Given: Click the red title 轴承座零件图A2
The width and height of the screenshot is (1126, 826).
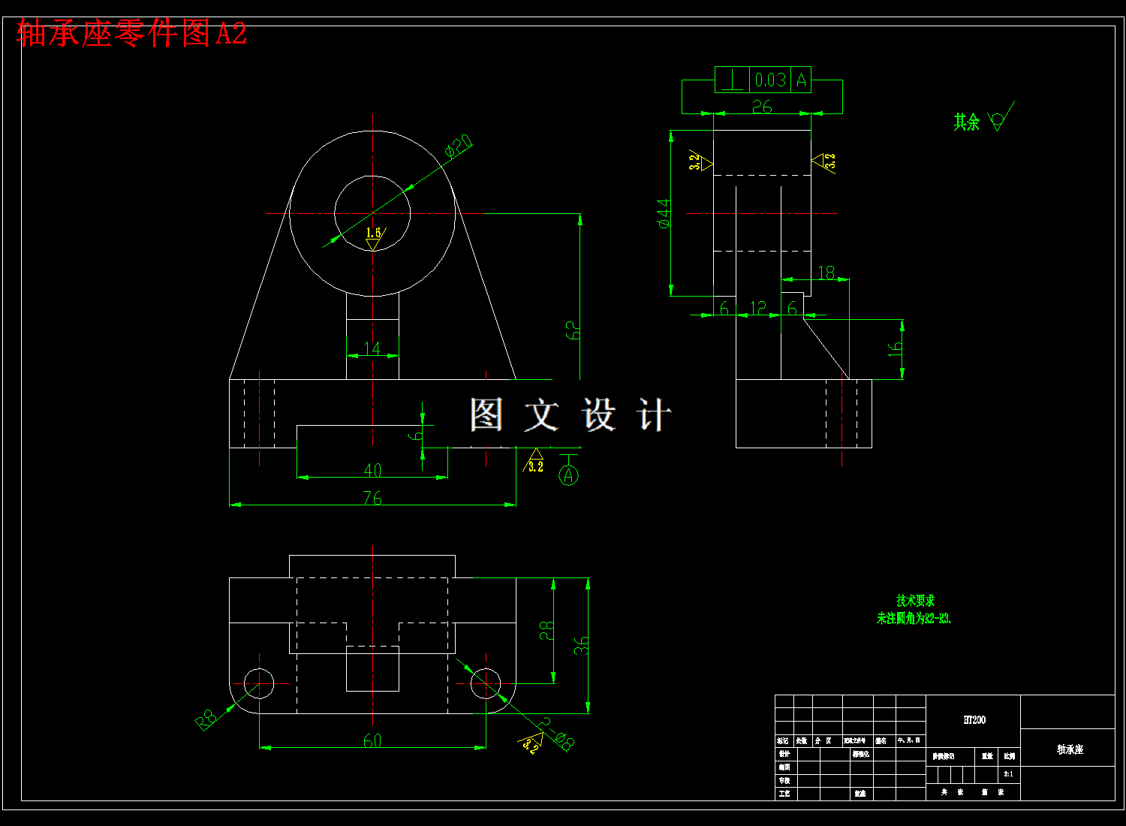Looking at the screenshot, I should click(x=131, y=34).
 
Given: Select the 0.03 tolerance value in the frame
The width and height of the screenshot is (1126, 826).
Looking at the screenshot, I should click(x=770, y=80).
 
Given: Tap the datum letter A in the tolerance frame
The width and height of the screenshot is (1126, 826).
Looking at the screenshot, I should click(x=801, y=80).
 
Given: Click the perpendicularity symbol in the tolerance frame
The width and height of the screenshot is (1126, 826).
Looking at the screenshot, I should click(x=732, y=80).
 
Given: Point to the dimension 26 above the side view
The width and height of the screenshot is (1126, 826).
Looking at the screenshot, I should click(x=762, y=107).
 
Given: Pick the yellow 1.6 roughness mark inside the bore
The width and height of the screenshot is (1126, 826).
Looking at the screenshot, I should click(x=373, y=234).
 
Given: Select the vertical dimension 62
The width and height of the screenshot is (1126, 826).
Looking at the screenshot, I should click(x=572, y=330).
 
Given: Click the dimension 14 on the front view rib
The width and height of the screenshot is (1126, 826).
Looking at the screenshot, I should click(x=372, y=348).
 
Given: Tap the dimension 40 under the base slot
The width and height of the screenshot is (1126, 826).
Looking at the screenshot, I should click(x=372, y=470).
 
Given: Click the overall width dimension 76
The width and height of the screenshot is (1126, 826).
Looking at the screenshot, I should click(x=372, y=497).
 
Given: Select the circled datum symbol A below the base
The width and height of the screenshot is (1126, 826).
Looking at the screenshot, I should click(x=568, y=475).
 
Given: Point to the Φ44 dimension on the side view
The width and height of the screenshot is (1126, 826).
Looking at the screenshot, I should click(x=664, y=213).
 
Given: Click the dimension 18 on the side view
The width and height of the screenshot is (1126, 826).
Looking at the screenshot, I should click(x=826, y=273).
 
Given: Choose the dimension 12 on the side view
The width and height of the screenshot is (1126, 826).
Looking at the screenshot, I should click(x=758, y=308).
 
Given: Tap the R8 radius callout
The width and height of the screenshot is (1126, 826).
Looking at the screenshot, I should click(x=206, y=719).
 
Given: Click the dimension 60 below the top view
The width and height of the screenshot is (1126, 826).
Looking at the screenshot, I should click(x=372, y=740).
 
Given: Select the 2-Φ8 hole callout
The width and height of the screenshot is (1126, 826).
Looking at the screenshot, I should click(x=557, y=734).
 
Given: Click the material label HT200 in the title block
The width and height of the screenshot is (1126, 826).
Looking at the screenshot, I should click(x=974, y=720).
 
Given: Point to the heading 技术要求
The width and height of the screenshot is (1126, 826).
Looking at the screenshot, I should click(x=915, y=601).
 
